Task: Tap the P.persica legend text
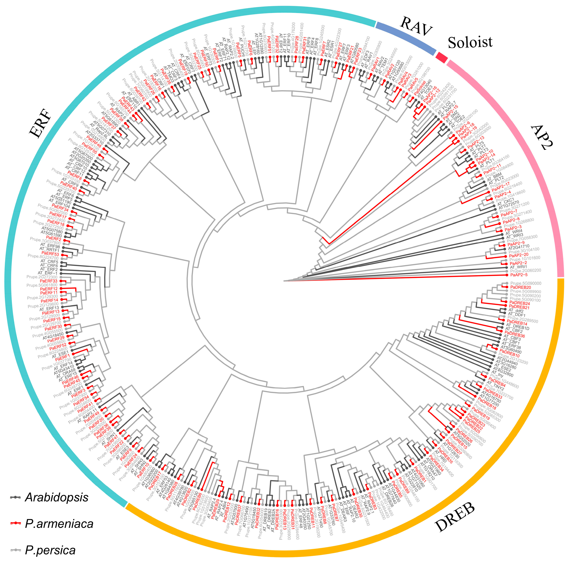(50, 550)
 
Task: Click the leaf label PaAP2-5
(519, 275)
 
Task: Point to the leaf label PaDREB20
(520, 287)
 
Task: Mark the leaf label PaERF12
(49, 289)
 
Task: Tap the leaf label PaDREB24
(519, 303)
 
